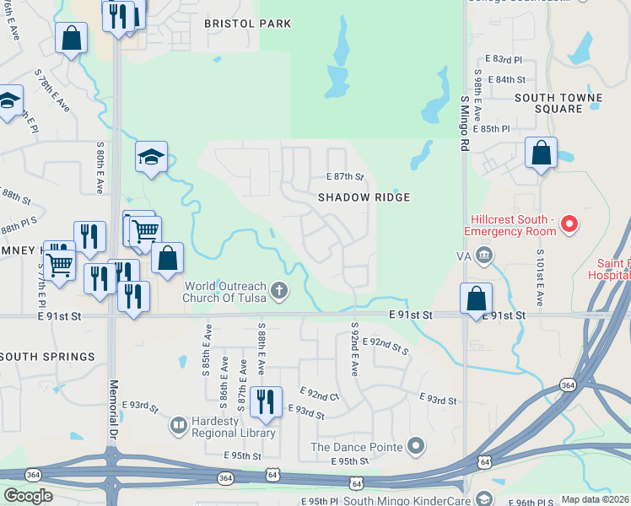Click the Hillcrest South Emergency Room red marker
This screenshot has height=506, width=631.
click(569, 224)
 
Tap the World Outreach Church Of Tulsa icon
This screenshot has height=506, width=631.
click(280, 292)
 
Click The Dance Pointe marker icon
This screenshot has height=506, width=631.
click(415, 445)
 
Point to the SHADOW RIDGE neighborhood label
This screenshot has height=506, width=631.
click(364, 197)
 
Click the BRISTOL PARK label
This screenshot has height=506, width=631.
click(248, 24)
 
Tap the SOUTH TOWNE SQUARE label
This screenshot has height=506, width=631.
click(559, 103)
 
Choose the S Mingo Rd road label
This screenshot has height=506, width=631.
click(464, 122)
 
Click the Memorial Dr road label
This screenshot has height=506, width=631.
click(112, 408)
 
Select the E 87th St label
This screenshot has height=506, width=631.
click(344, 177)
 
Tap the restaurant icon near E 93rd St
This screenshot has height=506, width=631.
click(267, 401)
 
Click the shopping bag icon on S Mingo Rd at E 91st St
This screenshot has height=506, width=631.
click(477, 299)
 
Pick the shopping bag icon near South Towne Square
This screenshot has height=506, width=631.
click(541, 153)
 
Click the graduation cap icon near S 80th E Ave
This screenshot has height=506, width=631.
click(151, 156)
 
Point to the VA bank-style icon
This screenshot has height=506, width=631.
click(483, 254)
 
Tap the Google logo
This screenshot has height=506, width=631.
click(28, 496)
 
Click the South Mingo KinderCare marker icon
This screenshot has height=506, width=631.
click(483, 499)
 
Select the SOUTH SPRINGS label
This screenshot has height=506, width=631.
click(47, 357)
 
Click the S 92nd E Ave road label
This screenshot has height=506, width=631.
click(355, 348)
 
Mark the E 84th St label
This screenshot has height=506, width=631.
click(511, 79)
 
